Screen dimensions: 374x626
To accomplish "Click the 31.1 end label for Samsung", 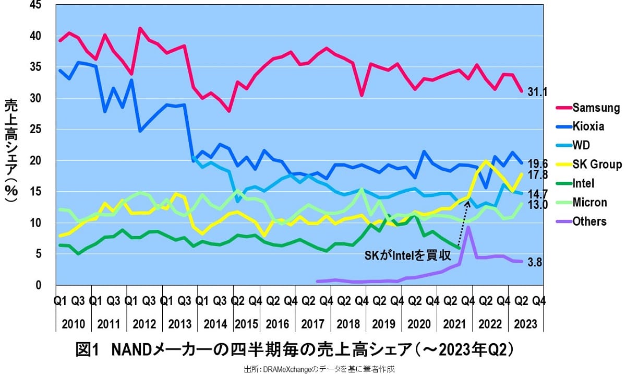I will (x=537, y=92).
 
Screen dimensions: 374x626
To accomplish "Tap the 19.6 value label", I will (x=537, y=162).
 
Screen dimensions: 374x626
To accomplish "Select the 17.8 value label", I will (x=537, y=175).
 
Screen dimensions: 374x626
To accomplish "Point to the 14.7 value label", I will (x=537, y=193).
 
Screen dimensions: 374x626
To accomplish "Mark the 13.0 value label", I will (x=537, y=204).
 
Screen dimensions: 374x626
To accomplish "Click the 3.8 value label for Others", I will (x=535, y=262).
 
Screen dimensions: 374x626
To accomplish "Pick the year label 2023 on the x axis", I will (x=525, y=323).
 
